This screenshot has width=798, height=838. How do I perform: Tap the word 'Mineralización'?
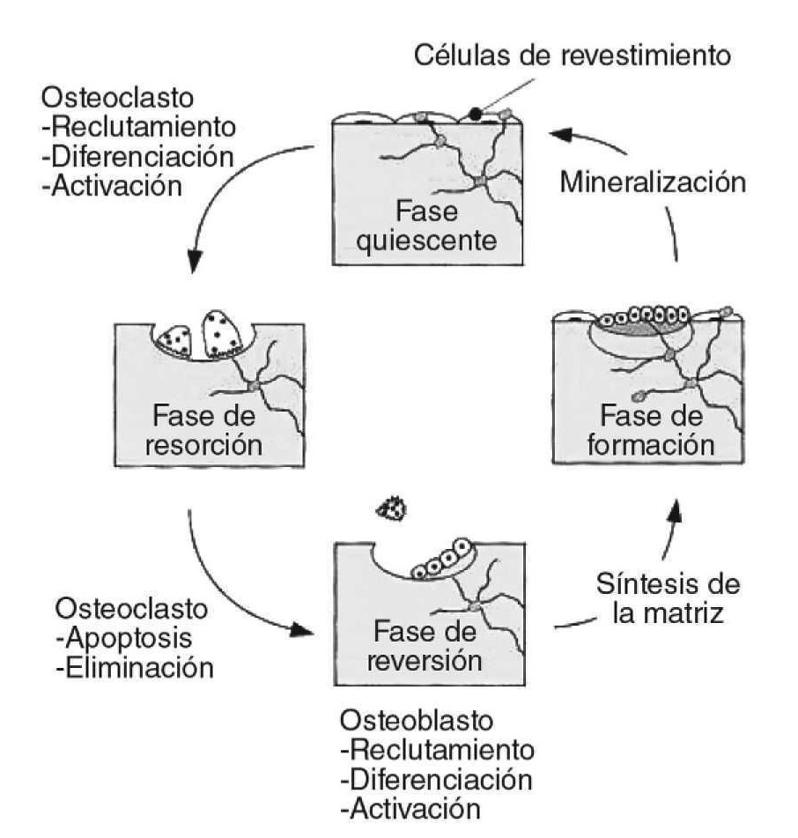point(652,183)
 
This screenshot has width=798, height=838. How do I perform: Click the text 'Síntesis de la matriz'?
point(668,597)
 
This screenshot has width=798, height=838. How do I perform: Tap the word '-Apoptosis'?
point(123,638)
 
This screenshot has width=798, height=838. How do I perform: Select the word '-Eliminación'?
point(134,667)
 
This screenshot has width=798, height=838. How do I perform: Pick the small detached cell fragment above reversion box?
point(392,508)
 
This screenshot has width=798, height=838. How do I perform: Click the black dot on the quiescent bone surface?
point(476,113)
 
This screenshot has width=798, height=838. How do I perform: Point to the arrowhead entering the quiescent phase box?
point(561,134)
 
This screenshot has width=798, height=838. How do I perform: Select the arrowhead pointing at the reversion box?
point(304,630)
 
